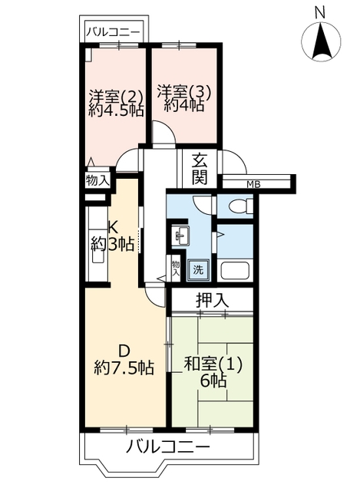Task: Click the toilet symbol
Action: [x=241, y=206]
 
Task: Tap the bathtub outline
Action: [x=235, y=271]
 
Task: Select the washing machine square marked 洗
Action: [x=198, y=269]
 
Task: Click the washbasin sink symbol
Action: [x=181, y=236]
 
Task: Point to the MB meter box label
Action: [x=253, y=185]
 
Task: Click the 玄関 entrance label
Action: [x=200, y=170]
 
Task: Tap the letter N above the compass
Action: [x=320, y=13]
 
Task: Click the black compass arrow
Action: [x=322, y=43]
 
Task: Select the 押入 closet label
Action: [x=213, y=300]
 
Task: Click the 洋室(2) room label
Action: [x=116, y=95]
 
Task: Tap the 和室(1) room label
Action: [x=213, y=365]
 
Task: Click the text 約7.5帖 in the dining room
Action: [x=124, y=367]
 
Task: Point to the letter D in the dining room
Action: [x=124, y=351]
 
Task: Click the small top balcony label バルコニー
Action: [x=114, y=32]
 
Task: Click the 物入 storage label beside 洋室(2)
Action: [x=97, y=181]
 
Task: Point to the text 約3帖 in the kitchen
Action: [x=113, y=243]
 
